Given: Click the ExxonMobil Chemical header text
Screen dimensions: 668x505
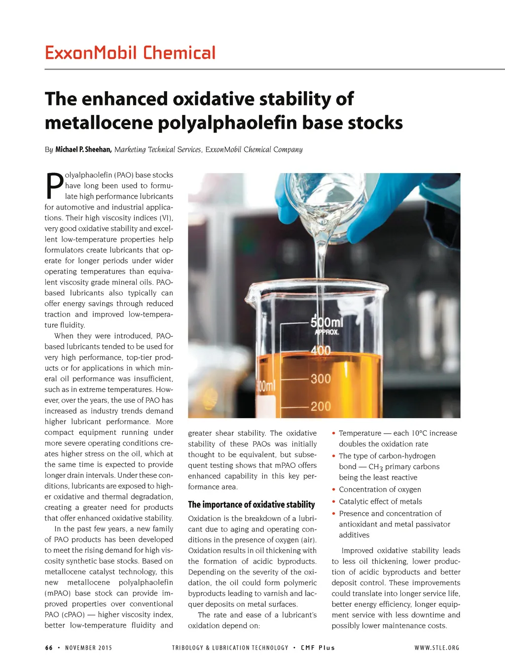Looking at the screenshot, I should [130, 53].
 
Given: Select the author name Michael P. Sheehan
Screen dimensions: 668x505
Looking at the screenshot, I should [83, 149].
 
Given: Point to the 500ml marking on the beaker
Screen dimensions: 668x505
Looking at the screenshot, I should [326, 322].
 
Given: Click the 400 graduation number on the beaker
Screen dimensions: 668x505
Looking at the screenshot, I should [321, 351].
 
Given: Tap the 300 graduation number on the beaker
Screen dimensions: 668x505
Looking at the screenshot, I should [321, 379].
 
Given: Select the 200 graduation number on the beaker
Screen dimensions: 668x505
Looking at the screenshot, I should [321, 406].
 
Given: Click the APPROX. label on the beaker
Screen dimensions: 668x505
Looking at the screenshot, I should [327, 332].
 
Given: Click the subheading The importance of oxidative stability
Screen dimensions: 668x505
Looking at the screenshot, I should [251, 504].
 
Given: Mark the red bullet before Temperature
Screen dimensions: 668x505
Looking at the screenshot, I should [334, 433].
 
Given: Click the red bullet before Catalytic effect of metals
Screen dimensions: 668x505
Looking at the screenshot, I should [334, 502].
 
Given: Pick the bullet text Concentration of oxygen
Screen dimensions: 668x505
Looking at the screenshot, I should [380, 490].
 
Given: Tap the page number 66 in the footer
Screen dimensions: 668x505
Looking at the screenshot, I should [49, 648].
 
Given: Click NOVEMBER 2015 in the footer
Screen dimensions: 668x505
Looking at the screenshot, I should [88, 648].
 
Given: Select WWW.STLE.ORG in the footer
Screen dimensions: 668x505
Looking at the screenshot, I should [436, 648].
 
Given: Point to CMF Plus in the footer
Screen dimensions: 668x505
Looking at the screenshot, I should [318, 648].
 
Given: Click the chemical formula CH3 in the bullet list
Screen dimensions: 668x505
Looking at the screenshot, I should [375, 467].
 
